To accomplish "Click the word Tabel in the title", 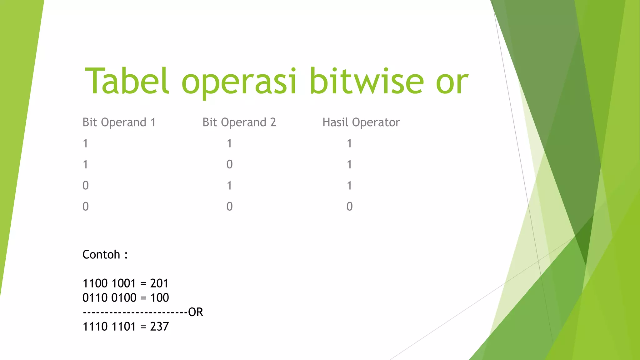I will click(127, 81).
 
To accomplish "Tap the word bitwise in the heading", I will click(367, 81).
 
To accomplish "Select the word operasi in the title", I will click(239, 82).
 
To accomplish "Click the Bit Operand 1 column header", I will click(119, 122).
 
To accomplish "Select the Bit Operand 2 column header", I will click(239, 122).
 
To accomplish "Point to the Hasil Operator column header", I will click(361, 122).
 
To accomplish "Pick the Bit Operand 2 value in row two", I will click(229, 164).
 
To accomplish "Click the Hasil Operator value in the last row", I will click(349, 207).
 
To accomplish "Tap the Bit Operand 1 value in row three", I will click(85, 186).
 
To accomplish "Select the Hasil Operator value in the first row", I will click(349, 143).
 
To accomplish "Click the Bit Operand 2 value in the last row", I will click(229, 207).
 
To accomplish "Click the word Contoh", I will click(101, 255).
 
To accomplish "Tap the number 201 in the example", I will click(159, 283).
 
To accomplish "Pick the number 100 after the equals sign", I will click(159, 298).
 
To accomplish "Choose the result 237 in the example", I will click(159, 327).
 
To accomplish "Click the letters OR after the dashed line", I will click(196, 312).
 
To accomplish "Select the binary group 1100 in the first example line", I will click(95, 283).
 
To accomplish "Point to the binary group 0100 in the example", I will click(124, 298).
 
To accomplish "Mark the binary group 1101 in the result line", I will click(124, 327).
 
